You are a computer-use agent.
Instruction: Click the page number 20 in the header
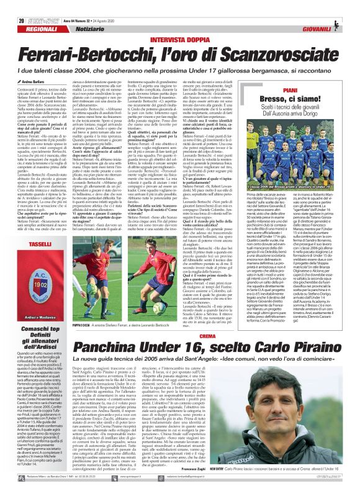(13, 5)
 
